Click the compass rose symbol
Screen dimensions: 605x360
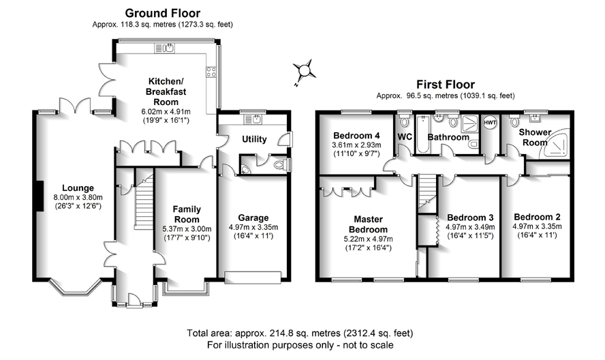pyautogui.click(x=304, y=72)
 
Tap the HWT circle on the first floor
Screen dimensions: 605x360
pyautogui.click(x=490, y=123)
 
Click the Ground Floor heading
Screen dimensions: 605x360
pyautogui.click(x=162, y=13)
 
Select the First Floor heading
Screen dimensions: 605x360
pyautogui.click(x=446, y=85)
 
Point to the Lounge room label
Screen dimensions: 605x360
pyautogui.click(x=78, y=188)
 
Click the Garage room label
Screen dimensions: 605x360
pyautogui.click(x=253, y=218)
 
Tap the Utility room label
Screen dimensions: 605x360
pyautogui.click(x=254, y=139)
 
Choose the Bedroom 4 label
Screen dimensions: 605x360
pyautogui.click(x=356, y=136)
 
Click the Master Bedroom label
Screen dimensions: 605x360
pyautogui.click(x=368, y=224)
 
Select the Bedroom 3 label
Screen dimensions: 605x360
pyautogui.click(x=470, y=217)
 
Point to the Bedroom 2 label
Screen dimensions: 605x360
pyautogui.click(x=537, y=217)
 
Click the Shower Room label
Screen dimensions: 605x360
pyautogui.click(x=535, y=137)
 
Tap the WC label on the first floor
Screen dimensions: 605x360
pyautogui.click(x=405, y=137)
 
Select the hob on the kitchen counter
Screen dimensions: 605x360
pyautogui.click(x=211, y=72)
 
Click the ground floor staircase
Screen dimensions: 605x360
pyautogui.click(x=144, y=201)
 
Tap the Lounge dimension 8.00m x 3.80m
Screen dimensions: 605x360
pyautogui.click(x=78, y=197)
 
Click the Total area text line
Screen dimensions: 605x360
pyautogui.click(x=300, y=333)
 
